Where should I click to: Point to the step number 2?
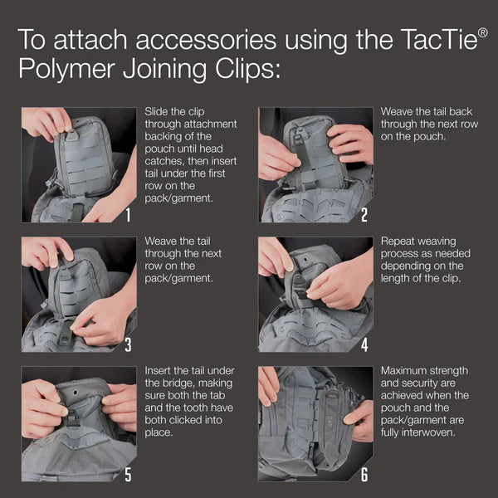pos(364,216)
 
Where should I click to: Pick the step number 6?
pos(364,475)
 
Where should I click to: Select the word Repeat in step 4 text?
pos(398,241)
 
